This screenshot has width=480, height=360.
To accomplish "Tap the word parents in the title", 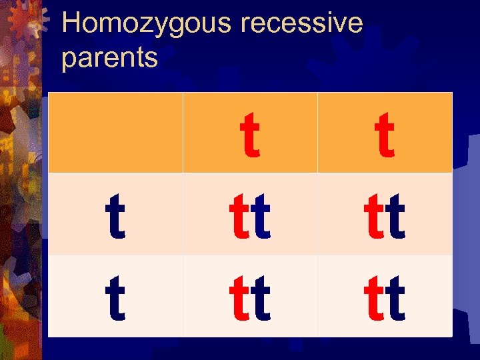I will [x=109, y=57].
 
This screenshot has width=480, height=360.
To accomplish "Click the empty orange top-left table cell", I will [x=115, y=132].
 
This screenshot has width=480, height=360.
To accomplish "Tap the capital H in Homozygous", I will [x=72, y=23].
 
